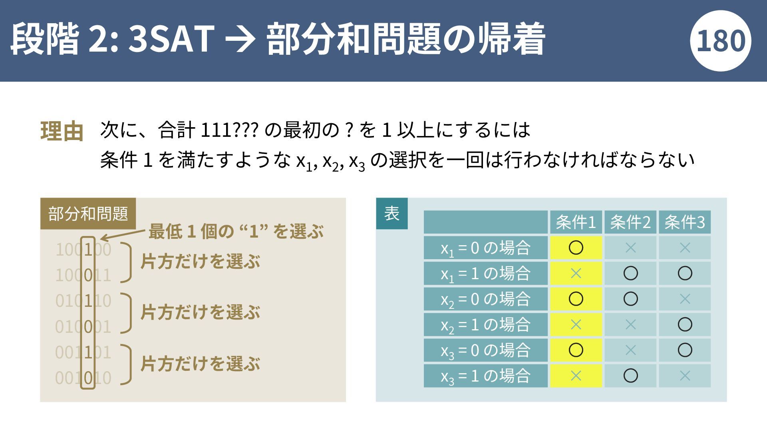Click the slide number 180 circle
pos(720,41)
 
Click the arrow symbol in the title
pos(239,39)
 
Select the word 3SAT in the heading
pos(171,39)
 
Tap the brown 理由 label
pos(62,131)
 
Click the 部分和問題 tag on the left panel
pos(88,214)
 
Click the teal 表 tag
pos(392,213)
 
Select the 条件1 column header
pos(576,222)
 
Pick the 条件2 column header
pos(630,222)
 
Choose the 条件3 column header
pos(685,222)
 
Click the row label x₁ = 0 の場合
pos(485,248)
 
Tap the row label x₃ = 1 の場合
pos(485,376)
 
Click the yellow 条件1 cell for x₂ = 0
pos(576,299)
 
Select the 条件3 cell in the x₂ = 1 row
pos(685,324)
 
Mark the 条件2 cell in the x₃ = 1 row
pos(630,376)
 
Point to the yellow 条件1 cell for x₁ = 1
pos(576,273)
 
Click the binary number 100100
pos(83,250)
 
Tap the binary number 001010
pos(83,378)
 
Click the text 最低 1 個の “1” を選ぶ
pos(236,231)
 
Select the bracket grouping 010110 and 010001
pos(127,313)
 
